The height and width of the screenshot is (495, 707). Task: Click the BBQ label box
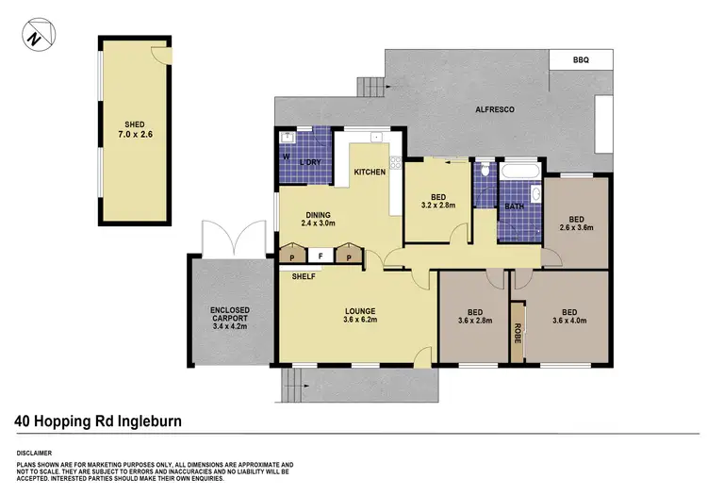[x=581, y=59]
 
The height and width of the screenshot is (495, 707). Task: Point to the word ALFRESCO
[x=494, y=110]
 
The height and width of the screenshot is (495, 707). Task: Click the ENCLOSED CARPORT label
[x=229, y=316]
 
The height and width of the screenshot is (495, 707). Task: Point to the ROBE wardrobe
[x=517, y=332]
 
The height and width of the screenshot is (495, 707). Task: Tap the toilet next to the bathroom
[x=484, y=171]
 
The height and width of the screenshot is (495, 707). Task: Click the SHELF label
[x=303, y=276]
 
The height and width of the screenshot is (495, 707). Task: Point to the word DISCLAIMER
[x=36, y=449]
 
